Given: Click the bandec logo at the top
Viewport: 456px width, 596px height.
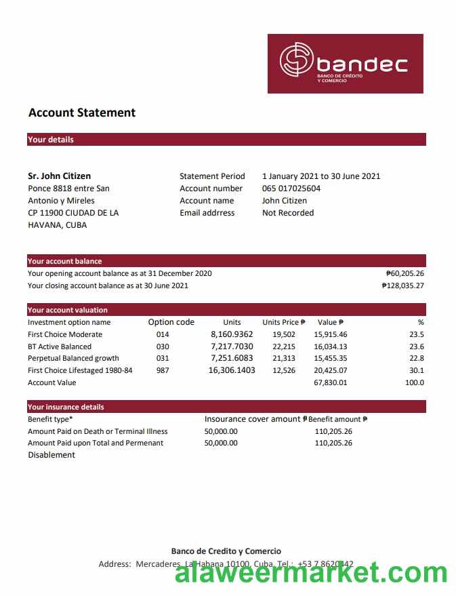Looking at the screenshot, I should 345,64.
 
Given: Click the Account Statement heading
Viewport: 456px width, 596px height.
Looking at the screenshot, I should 82,113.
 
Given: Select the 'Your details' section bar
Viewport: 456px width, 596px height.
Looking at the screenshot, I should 226,140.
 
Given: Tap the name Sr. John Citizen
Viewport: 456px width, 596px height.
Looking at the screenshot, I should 60,176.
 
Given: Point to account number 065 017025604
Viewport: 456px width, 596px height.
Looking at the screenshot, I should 291,188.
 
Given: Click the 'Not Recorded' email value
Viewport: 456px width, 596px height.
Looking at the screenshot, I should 288,213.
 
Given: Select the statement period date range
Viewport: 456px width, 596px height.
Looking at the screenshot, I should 321,176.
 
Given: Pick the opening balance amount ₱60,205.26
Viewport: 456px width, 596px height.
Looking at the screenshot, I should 405,273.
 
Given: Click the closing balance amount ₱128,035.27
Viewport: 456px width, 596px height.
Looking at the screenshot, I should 402,285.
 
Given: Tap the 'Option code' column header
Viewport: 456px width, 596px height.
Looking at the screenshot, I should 171,323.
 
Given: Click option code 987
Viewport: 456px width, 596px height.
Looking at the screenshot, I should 163,370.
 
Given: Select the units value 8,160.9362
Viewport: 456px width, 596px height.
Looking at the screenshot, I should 232,334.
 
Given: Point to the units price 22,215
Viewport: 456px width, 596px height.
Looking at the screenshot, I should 284,346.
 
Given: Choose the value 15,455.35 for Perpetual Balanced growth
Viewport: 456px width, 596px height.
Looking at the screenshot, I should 331,358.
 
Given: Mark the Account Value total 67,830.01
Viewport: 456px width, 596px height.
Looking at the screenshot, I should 331,382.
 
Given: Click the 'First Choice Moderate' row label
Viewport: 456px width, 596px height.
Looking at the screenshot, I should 65,334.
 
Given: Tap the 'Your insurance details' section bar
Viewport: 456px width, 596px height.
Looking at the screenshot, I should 226,407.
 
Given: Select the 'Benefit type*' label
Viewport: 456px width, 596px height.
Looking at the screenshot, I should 50,419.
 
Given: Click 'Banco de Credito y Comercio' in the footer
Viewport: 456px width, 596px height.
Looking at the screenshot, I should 226,551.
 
